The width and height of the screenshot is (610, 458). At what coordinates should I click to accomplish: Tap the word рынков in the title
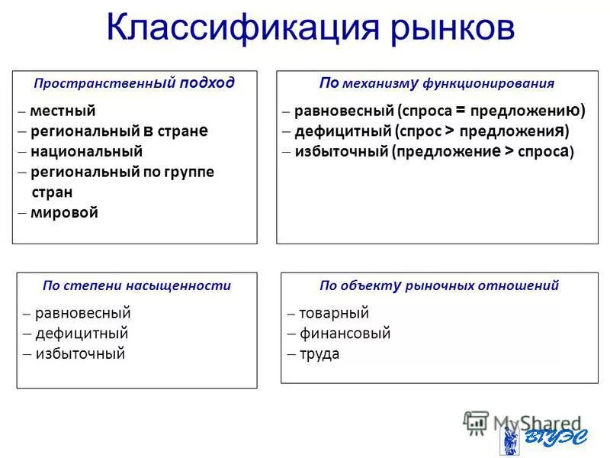(x=441, y=31)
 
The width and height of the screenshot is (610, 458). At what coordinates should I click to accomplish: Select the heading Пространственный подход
(x=134, y=83)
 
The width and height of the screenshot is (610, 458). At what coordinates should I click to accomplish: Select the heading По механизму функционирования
(x=437, y=83)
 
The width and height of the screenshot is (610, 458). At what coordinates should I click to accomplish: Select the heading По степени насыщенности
(x=136, y=286)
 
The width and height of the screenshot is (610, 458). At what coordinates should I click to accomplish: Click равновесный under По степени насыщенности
(x=83, y=313)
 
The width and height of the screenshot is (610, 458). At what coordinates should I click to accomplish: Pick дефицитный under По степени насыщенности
(x=82, y=334)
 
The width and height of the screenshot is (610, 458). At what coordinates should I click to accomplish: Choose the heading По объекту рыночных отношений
(x=439, y=286)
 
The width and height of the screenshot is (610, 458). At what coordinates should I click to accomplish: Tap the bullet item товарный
(x=334, y=313)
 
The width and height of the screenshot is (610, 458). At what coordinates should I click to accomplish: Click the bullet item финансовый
(x=345, y=334)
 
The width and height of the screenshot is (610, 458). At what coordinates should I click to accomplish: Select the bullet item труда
(x=319, y=354)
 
